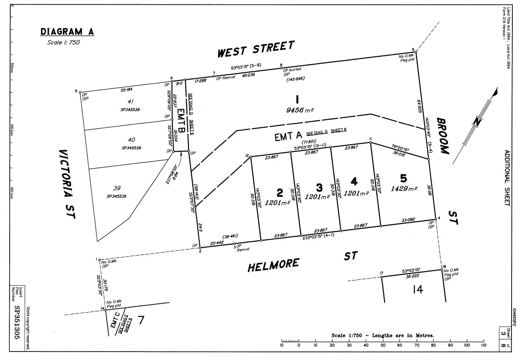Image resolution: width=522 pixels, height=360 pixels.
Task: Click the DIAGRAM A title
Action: (x=67, y=32)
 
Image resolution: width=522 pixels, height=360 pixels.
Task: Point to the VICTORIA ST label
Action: (x=67, y=184)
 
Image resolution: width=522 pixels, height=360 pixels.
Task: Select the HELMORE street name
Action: (x=273, y=265)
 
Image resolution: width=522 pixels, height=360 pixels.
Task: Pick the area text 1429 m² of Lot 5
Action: (x=404, y=188)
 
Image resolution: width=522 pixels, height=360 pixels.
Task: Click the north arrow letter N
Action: (x=477, y=122)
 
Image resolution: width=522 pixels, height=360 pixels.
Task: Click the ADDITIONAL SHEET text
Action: (x=507, y=178)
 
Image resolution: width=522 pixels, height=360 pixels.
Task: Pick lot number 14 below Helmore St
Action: (x=418, y=289)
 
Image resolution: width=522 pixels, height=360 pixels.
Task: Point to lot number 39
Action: (x=117, y=188)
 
